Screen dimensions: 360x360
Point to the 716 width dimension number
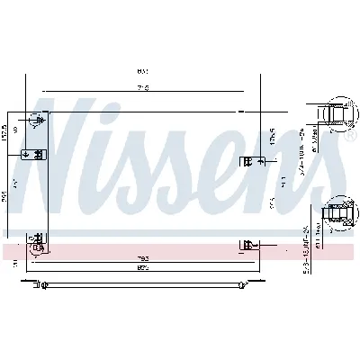click(x=141, y=88)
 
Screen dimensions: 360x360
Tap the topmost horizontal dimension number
click(x=142, y=72)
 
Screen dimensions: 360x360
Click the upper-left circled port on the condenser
click(x=38, y=120)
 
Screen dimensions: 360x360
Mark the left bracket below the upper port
click(x=38, y=154)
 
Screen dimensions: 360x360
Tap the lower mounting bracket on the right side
click(x=248, y=243)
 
